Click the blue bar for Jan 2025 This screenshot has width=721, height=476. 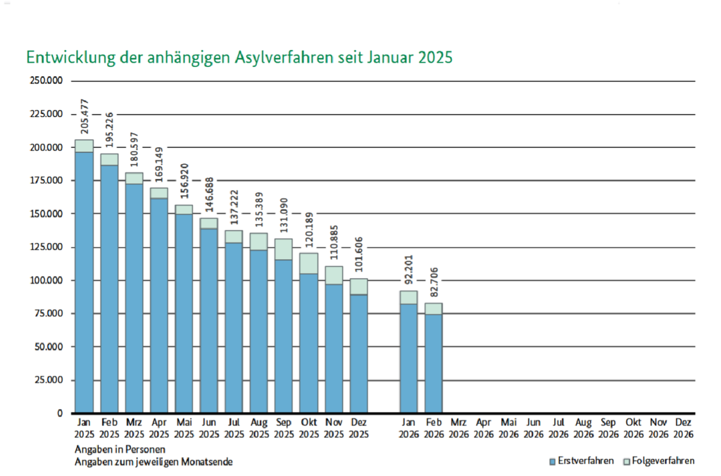84,282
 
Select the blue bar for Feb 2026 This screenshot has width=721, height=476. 433,363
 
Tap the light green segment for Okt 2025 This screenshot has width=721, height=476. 308,263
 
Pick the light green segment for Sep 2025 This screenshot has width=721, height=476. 284,249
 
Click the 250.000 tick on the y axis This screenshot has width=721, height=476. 46,80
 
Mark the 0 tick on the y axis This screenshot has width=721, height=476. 60,413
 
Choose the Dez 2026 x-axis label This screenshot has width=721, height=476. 683,428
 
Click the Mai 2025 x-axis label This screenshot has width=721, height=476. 184,428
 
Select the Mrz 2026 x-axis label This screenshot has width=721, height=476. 458,428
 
